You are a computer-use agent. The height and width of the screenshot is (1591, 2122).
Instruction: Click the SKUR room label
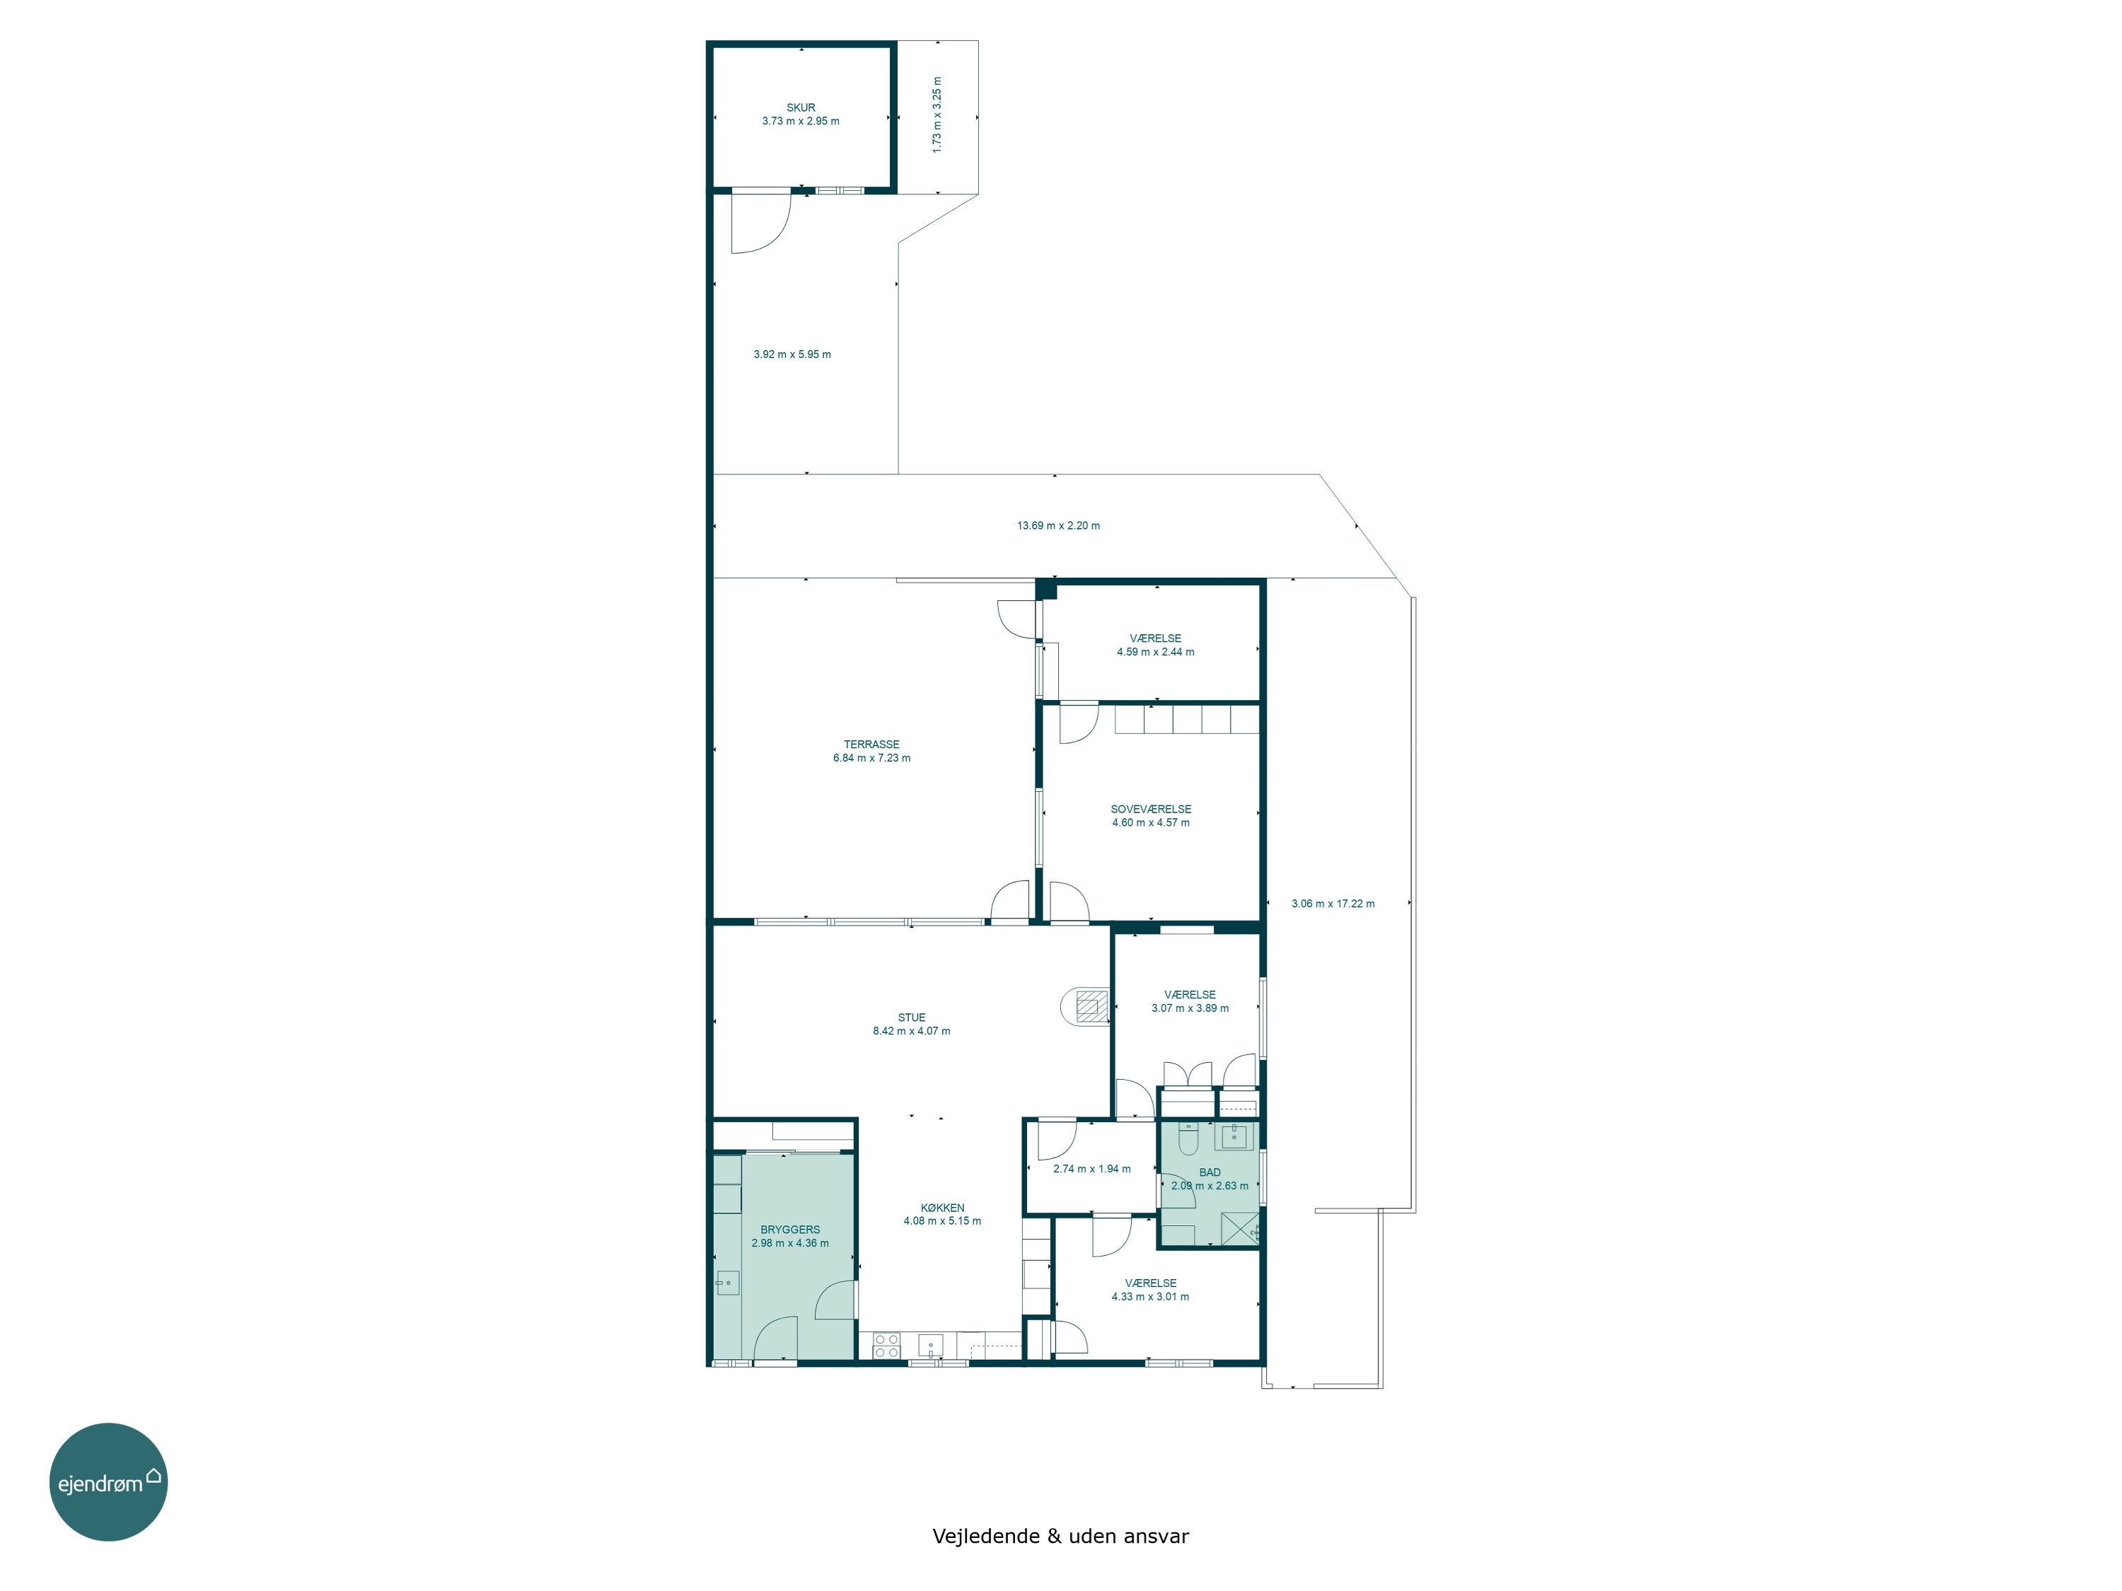coord(801,108)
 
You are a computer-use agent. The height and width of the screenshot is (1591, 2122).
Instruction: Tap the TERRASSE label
coord(872,744)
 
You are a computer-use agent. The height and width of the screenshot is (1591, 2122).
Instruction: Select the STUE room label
coord(911,1018)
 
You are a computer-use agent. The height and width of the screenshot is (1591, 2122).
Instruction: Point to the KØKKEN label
coord(942,1208)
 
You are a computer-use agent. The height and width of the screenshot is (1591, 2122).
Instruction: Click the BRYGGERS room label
coord(791,1230)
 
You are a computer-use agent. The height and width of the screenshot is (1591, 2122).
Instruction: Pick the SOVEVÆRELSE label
coord(1151,808)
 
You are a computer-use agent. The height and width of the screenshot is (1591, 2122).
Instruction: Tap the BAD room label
coord(1210,1172)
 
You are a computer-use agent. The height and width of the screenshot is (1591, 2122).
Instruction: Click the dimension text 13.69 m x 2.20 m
coord(1058,525)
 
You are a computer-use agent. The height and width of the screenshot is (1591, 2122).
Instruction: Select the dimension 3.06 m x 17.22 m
coord(1333,904)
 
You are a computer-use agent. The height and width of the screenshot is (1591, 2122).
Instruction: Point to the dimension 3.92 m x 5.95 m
coord(792,354)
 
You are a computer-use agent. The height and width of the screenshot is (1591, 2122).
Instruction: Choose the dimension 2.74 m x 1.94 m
coord(1091,1168)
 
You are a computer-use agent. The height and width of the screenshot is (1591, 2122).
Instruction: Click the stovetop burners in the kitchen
coord(886,1346)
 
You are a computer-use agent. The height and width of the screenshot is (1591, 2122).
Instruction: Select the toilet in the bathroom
coord(1188,1139)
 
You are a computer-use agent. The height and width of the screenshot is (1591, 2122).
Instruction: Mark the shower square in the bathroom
coord(1239,1228)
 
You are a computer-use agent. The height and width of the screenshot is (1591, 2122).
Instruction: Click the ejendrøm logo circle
coord(108,1481)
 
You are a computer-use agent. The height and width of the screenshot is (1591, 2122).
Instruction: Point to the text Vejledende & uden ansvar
coord(1060,1535)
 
